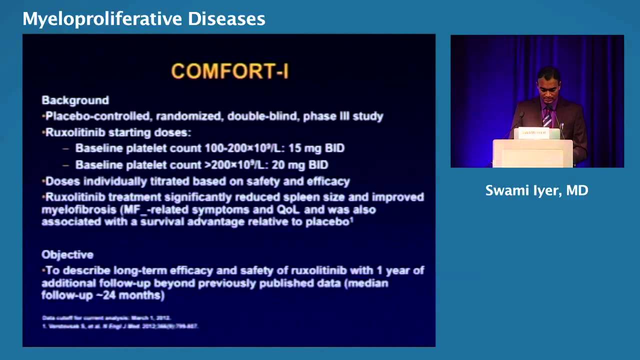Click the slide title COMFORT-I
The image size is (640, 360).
coord(229,71)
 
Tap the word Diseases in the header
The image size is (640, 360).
coord(226,19)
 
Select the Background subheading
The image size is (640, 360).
coord(75,100)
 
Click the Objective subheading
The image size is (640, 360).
coord(67,254)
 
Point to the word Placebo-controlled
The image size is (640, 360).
coord(98,116)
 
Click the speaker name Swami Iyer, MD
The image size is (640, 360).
coord(536,190)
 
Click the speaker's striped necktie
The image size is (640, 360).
coord(547,118)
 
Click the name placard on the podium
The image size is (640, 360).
coord(533,133)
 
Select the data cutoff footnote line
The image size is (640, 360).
coord(106,318)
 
